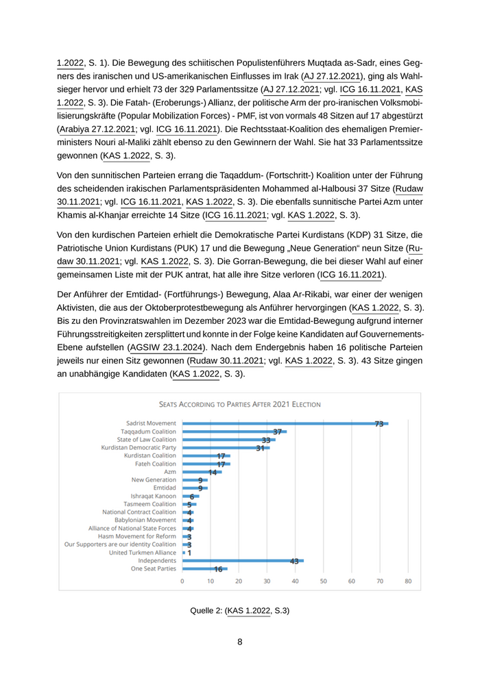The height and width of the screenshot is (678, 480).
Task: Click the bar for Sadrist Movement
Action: (x=285, y=424)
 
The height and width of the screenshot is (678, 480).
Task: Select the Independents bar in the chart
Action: (x=243, y=561)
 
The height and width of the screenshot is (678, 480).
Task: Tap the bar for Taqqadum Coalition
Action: (x=234, y=432)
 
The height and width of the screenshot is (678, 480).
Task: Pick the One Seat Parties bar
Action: (x=204, y=569)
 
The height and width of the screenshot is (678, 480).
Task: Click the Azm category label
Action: (x=169, y=472)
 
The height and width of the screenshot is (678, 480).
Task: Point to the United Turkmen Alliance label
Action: (x=142, y=553)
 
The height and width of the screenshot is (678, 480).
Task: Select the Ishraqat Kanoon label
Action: (x=153, y=496)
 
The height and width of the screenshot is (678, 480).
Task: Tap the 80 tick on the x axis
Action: (x=407, y=581)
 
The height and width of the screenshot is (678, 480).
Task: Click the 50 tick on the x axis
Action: (x=323, y=581)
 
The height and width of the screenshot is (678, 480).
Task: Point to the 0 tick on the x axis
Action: (x=182, y=581)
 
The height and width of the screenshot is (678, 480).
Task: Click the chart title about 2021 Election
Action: (x=239, y=405)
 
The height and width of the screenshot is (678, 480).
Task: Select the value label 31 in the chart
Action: (x=261, y=448)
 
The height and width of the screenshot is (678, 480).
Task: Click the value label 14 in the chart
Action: (x=213, y=472)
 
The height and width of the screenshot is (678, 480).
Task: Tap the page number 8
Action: (x=239, y=642)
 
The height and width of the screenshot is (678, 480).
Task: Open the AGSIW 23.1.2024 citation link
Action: (x=167, y=348)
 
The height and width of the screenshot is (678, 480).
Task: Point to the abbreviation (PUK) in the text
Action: (x=211, y=249)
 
